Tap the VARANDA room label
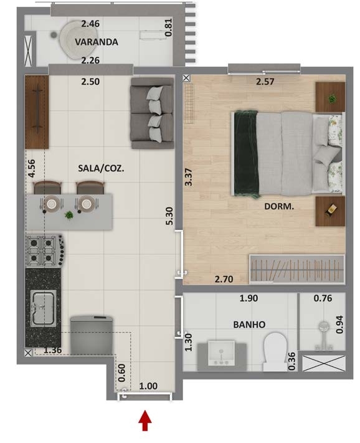[97, 42]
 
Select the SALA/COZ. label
[101, 168]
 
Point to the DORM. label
[279, 206]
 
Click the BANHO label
[249, 325]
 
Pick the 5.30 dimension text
[169, 216]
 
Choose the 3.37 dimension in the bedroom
[188, 177]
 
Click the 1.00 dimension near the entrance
[148, 386]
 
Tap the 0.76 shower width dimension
[323, 298]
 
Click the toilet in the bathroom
[275, 351]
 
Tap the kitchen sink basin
[43, 308]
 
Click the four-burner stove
[45, 250]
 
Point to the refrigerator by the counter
[92, 335]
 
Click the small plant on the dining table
[69, 216]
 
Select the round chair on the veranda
[78, 39]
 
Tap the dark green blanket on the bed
[246, 154]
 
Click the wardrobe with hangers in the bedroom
[297, 269]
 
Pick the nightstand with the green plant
[330, 97]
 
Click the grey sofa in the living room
[152, 113]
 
